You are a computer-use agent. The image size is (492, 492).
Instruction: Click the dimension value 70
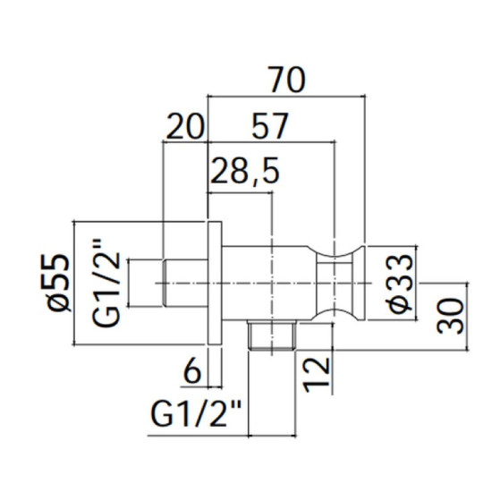pos(287,80)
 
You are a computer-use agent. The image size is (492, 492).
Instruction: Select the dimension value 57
pos(270,126)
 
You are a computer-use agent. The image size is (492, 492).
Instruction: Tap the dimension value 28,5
pos(244,172)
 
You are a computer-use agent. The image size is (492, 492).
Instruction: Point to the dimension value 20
pos(184,126)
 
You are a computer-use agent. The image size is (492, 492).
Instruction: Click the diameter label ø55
pos(58,283)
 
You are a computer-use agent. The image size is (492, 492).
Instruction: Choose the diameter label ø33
pos(400,283)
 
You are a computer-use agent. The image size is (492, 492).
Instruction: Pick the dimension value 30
pos(450,316)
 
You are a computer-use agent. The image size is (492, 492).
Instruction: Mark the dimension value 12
pos(318,376)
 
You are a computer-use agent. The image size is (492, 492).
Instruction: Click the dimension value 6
pos(192,372)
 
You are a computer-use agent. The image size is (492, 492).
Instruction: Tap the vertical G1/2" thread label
pos(106,283)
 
